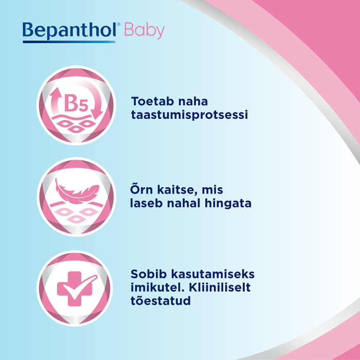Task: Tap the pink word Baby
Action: (145, 31)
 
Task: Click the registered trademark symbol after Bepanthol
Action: (119, 25)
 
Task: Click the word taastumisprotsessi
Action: (189, 116)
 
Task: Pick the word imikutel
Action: (155, 286)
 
